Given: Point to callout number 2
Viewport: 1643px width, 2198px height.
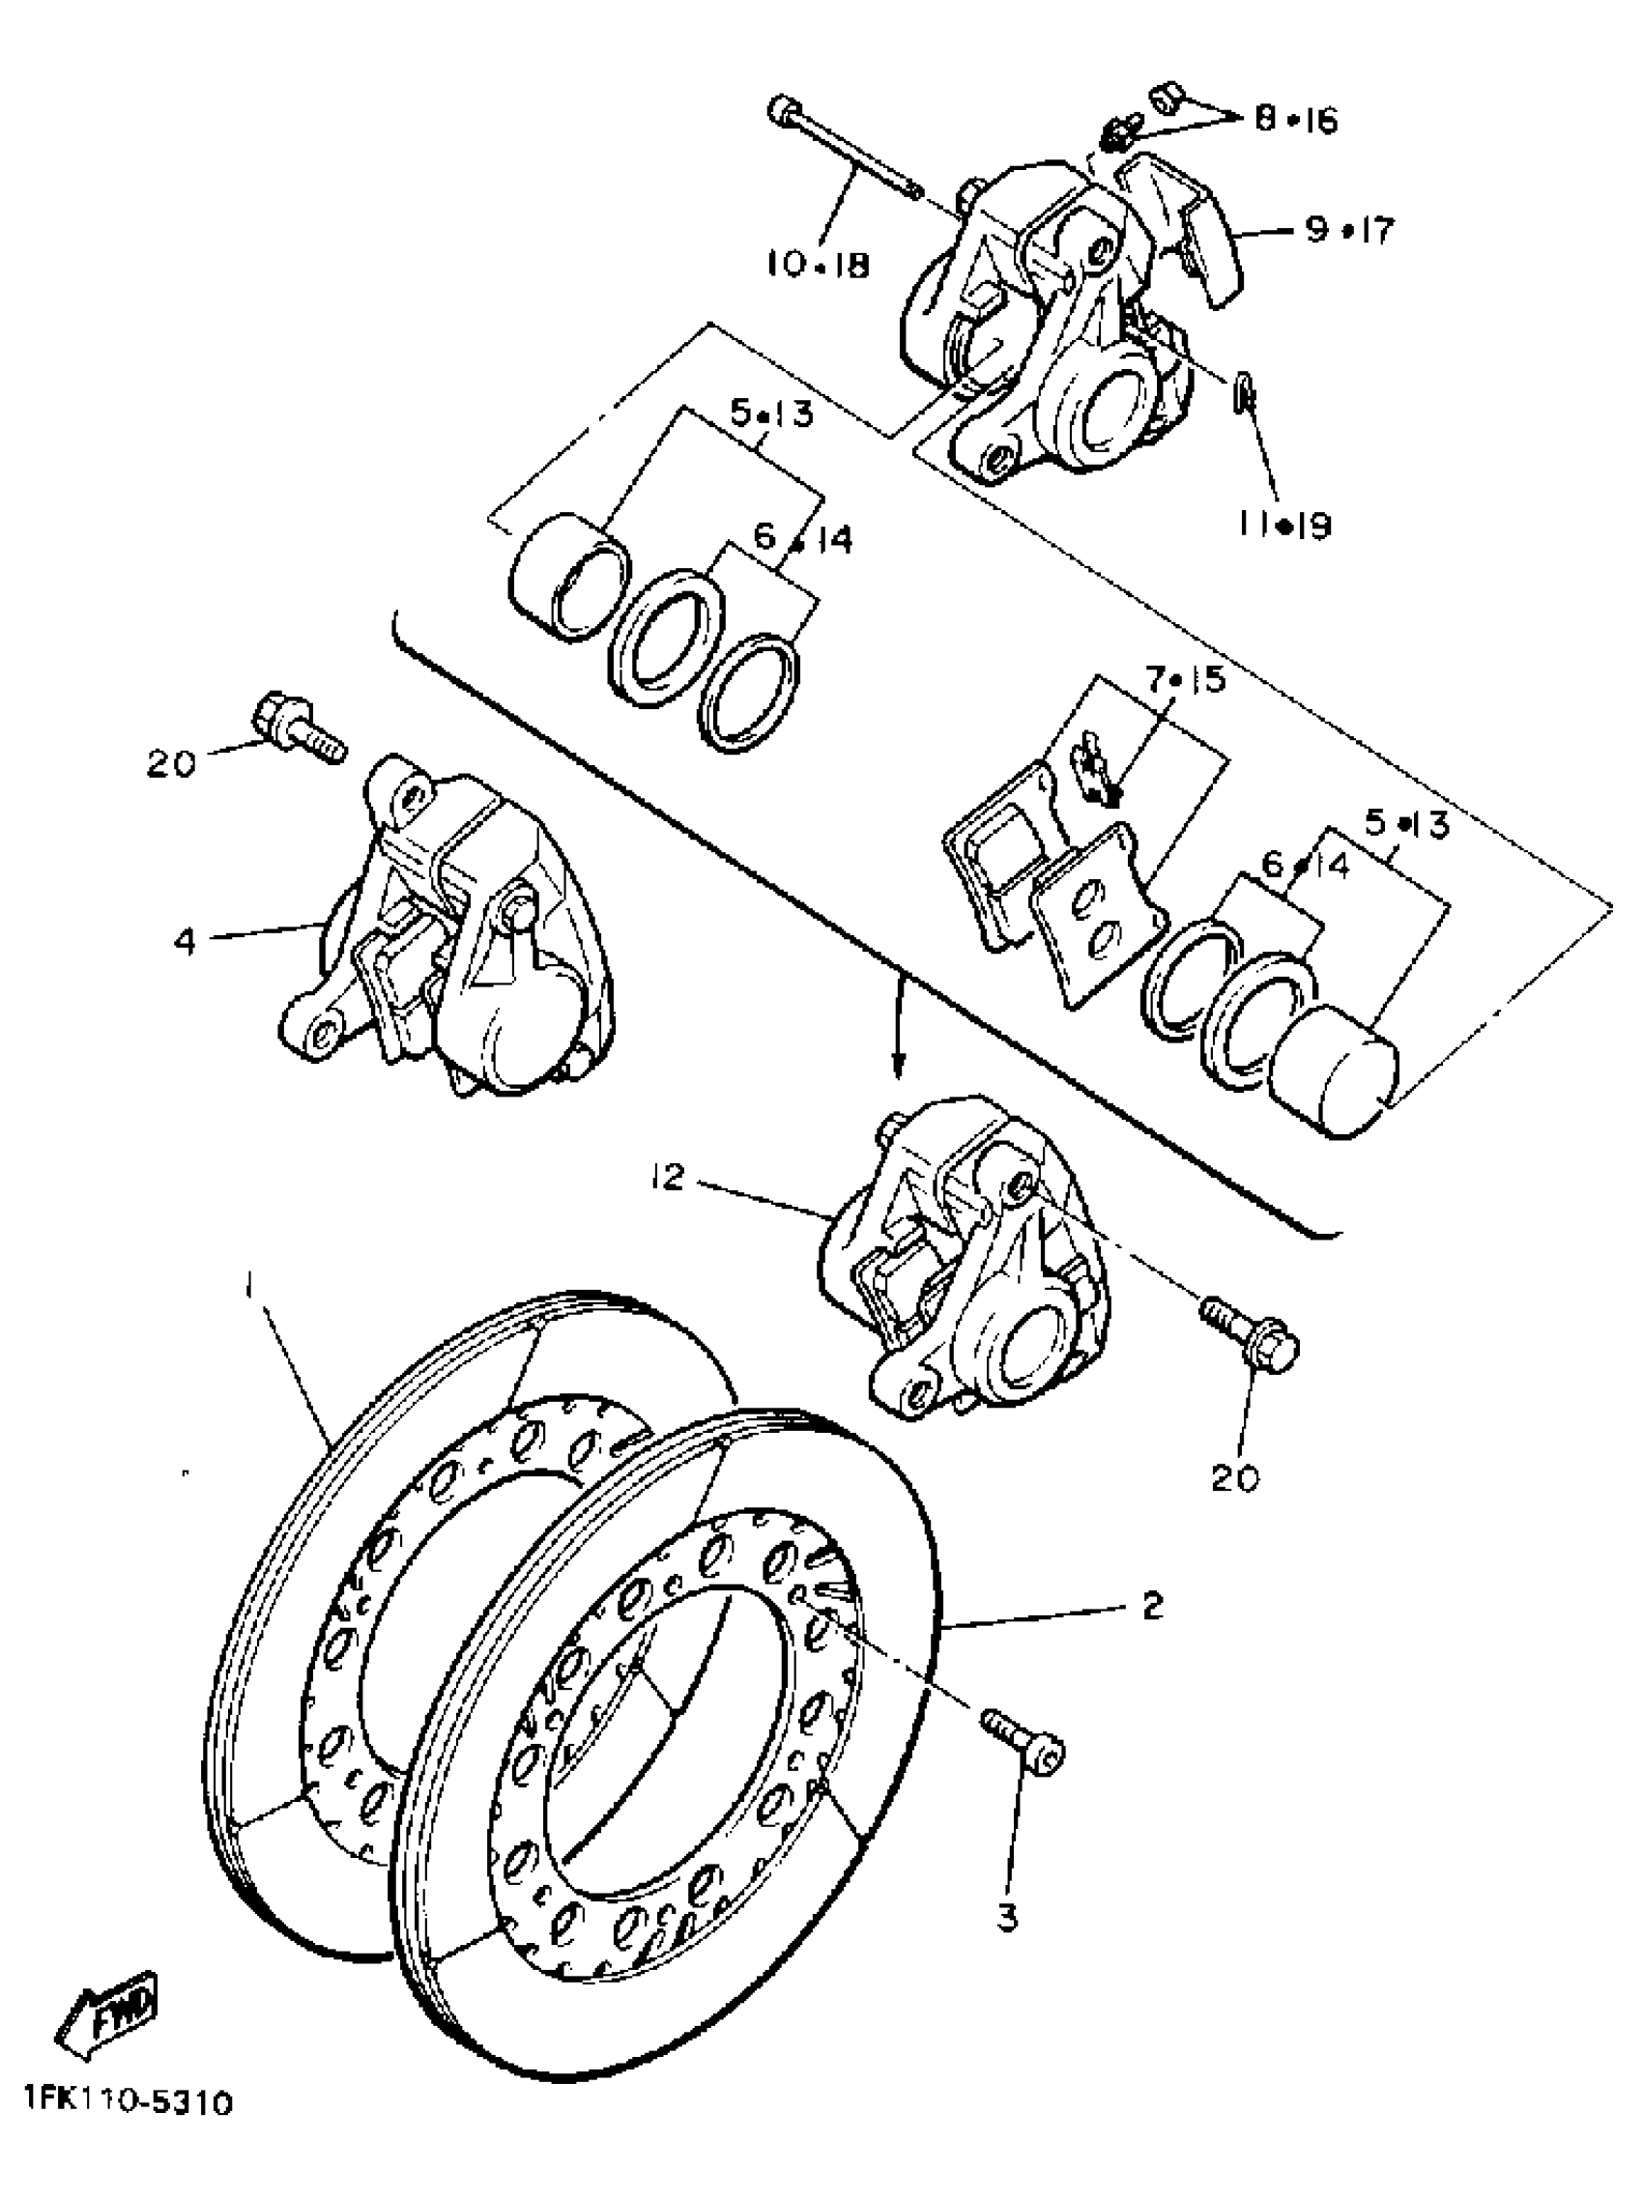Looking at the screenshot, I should (x=1152, y=1606).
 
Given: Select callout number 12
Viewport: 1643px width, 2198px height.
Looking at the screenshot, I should (x=668, y=1179).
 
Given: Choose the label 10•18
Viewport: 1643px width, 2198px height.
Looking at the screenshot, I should (x=818, y=265).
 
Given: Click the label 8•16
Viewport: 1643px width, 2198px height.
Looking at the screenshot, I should (x=1295, y=119).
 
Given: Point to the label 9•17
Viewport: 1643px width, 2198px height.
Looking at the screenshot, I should (x=1350, y=230).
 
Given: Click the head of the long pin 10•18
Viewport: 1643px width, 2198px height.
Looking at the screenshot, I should (x=784, y=109).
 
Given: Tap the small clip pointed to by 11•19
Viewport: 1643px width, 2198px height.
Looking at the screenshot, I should (x=1244, y=394).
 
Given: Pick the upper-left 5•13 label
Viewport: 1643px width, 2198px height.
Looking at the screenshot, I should (x=771, y=412).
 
